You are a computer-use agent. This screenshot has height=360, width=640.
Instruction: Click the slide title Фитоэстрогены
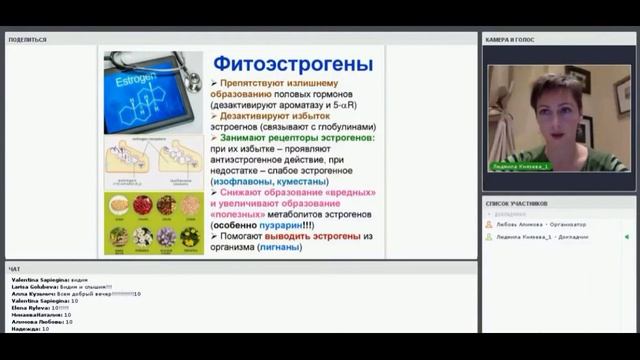(x=293, y=64)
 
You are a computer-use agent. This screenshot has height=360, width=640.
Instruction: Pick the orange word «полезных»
(x=239, y=213)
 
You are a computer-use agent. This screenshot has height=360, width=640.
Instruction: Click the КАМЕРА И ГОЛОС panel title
(x=511, y=40)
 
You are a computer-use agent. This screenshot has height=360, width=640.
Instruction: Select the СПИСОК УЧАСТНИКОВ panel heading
(x=516, y=203)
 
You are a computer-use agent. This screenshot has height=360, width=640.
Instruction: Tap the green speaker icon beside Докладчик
(x=626, y=237)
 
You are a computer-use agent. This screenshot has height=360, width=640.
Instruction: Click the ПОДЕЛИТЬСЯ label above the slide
(x=27, y=40)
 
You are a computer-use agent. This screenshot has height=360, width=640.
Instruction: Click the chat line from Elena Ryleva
(x=41, y=308)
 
